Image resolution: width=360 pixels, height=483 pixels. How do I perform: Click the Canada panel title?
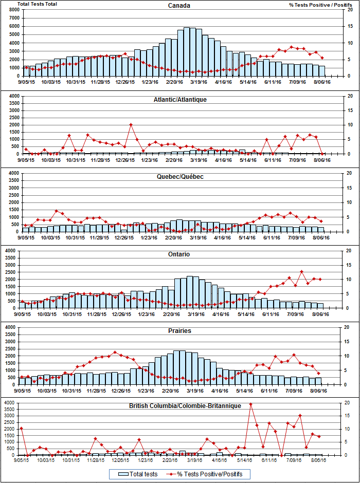coord(179,6)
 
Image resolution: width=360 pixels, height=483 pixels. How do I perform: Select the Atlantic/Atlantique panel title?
coord(179,99)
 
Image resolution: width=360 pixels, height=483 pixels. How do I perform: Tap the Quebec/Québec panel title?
coord(179,176)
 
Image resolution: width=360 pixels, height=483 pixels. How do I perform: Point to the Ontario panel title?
coord(179,254)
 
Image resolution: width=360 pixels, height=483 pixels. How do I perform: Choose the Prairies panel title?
coord(179,330)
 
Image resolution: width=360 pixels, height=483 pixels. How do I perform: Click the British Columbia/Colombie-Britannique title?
coord(185,406)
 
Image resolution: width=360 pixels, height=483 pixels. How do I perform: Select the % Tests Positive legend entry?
coord(208,473)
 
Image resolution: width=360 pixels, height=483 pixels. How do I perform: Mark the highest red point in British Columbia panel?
coord(251,404)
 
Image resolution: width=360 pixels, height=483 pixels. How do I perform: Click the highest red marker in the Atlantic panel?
coord(131,124)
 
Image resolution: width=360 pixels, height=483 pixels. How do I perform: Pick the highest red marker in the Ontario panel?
coord(302,271)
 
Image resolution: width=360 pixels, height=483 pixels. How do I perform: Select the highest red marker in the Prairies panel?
coord(115,352)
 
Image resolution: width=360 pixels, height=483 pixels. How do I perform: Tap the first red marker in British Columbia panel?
coord(21,428)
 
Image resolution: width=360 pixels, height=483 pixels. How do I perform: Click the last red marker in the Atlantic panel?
coord(322,153)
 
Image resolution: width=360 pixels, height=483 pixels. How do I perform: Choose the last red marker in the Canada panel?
coord(322,58)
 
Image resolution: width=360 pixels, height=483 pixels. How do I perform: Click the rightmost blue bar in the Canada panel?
coord(322,70)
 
